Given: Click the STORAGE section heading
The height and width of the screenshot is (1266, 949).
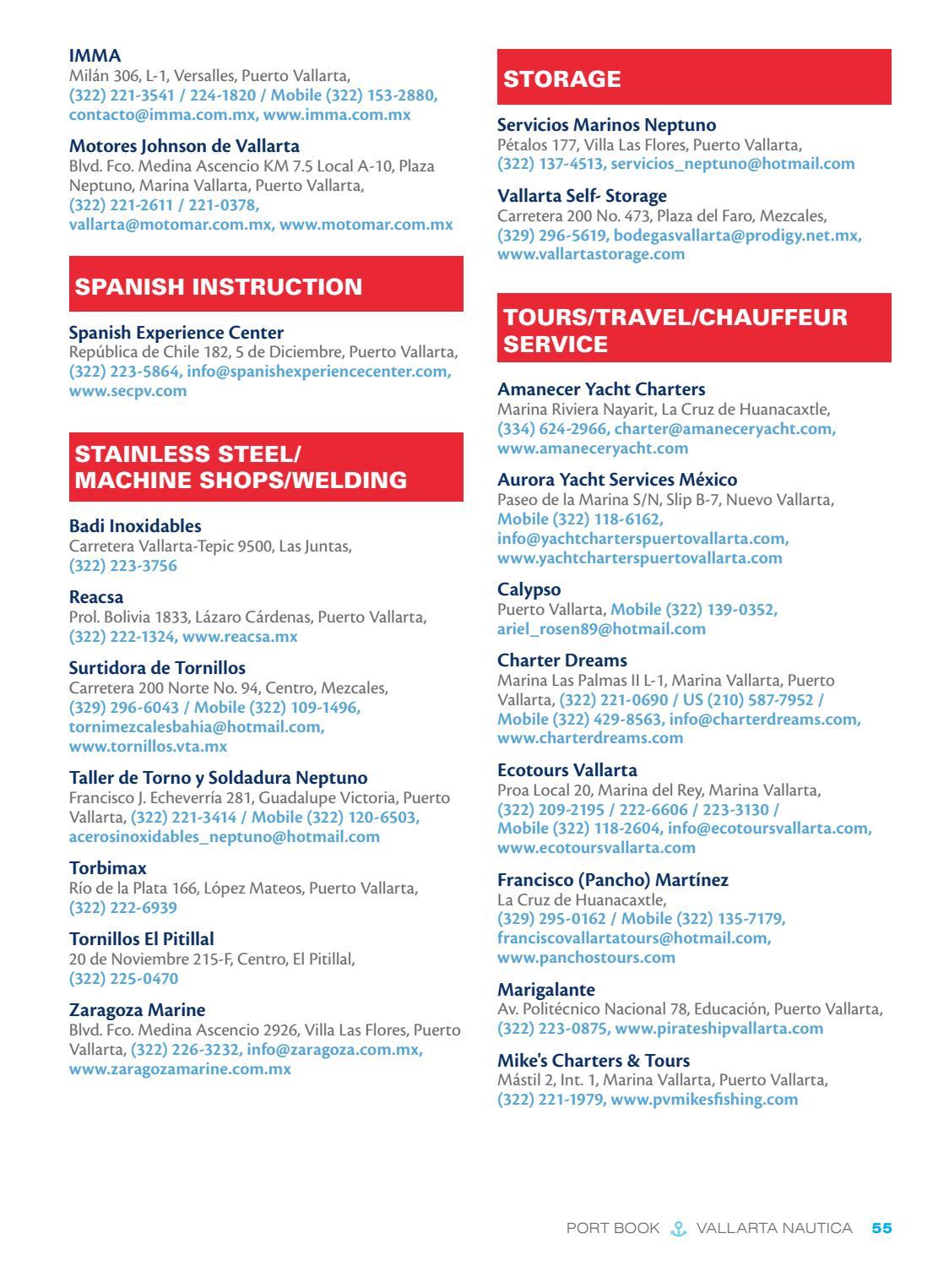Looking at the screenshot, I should click(562, 79).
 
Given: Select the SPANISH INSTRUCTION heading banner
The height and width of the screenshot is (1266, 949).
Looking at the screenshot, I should click(219, 286).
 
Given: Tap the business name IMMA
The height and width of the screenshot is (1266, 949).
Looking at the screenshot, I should click(95, 56).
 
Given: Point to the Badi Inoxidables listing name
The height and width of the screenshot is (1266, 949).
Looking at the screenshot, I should click(135, 526).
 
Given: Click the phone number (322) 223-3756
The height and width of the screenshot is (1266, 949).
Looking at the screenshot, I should click(123, 566).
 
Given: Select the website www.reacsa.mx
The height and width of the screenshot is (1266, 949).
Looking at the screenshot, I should click(240, 637).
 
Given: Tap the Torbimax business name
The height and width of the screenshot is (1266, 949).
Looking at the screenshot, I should click(107, 868).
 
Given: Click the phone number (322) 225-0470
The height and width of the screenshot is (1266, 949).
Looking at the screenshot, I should click(123, 979).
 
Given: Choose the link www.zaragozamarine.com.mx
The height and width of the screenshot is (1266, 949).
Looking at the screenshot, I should click(180, 1069).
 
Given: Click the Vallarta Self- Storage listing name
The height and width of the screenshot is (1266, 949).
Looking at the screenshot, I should click(582, 196).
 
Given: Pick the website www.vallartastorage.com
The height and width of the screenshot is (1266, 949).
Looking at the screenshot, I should click(591, 254).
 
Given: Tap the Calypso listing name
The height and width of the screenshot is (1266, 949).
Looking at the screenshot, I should click(529, 590).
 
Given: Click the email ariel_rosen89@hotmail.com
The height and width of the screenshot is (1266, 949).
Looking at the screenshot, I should click(601, 629).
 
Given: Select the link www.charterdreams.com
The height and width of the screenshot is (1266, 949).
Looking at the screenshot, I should click(590, 738).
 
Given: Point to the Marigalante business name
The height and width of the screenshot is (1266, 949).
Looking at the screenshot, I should click(545, 990).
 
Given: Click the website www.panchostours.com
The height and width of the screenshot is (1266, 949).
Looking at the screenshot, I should click(586, 958).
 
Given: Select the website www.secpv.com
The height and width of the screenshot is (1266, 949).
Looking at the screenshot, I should click(127, 391).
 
